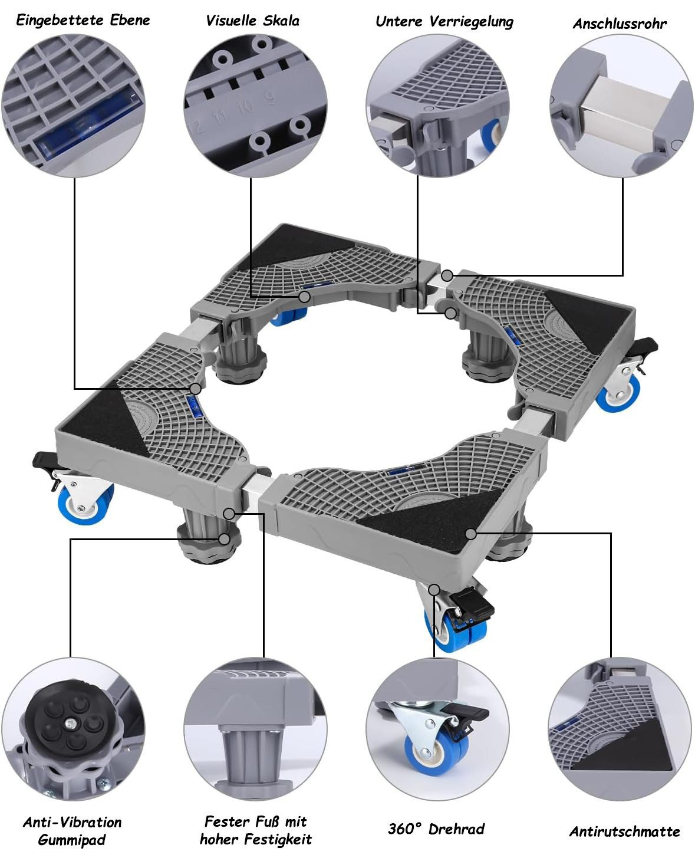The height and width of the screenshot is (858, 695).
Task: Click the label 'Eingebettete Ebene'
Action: (x=83, y=20)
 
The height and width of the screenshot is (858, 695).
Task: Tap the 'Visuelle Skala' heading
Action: (x=252, y=21)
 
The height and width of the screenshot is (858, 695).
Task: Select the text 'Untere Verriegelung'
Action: (x=444, y=22)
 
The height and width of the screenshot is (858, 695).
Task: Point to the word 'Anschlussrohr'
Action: (x=620, y=24)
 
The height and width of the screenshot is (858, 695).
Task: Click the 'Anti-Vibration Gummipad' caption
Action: (x=72, y=831)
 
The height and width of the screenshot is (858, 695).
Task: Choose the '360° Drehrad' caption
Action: (x=436, y=829)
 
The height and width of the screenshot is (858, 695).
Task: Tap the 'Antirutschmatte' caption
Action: (x=624, y=831)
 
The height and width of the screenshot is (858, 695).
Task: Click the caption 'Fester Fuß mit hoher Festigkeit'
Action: (x=256, y=830)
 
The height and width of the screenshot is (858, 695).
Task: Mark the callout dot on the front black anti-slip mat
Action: (x=471, y=534)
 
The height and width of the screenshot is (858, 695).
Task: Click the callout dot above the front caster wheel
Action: (x=434, y=590)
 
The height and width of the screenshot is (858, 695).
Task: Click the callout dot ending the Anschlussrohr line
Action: (x=447, y=275)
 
